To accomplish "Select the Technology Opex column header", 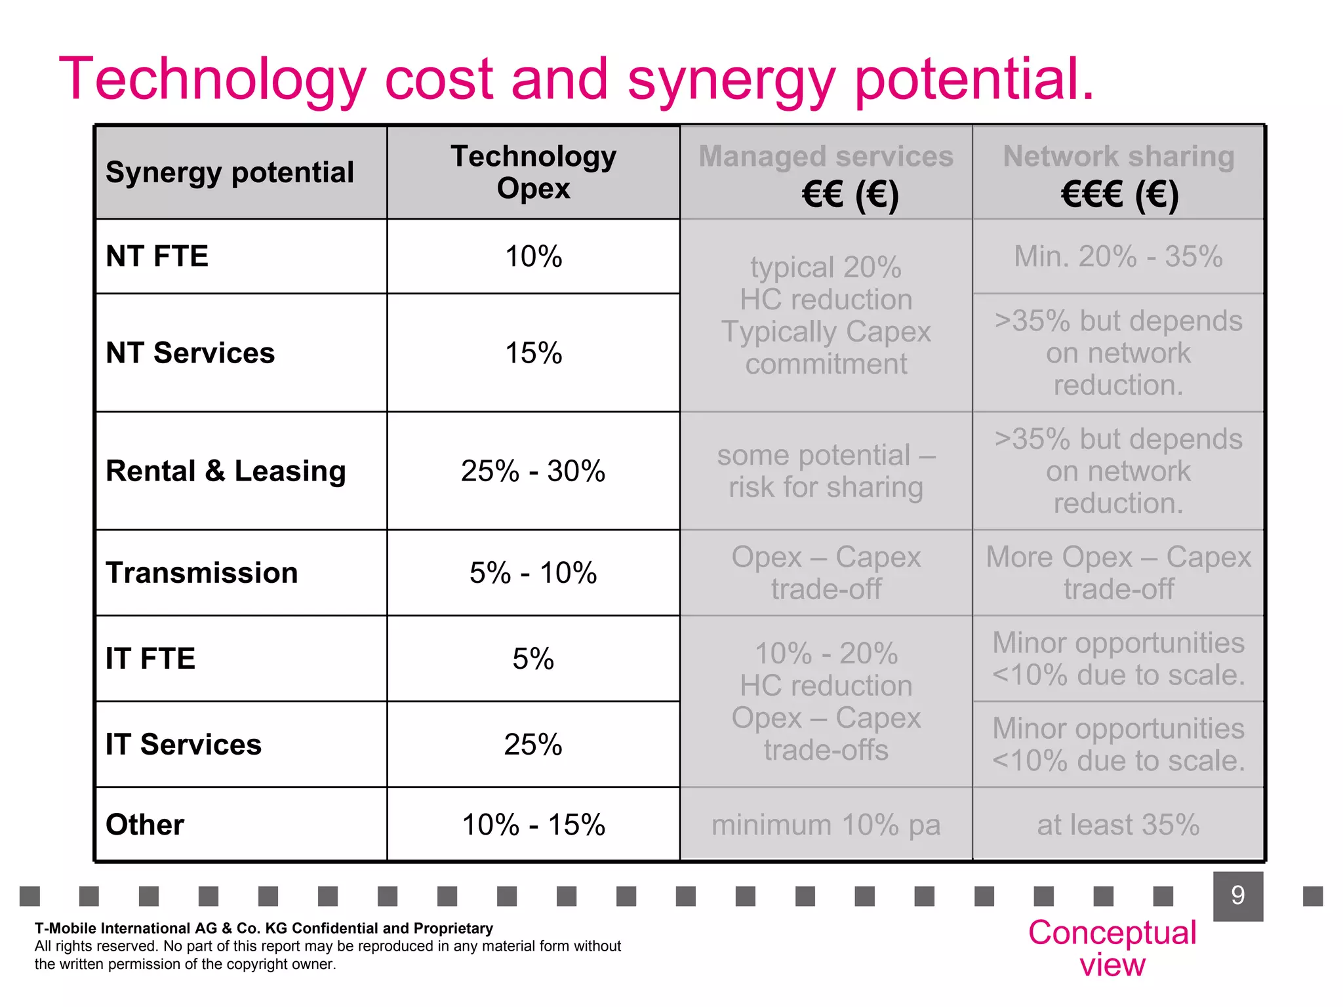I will [533, 172].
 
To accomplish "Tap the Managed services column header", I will [826, 172].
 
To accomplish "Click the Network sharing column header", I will [1118, 172].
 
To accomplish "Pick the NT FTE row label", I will [157, 256].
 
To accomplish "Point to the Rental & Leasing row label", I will [226, 471].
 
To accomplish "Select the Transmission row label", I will [202, 573].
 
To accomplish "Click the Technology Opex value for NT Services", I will [533, 353].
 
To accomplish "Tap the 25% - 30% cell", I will [533, 471].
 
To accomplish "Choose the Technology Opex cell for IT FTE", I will [533, 659].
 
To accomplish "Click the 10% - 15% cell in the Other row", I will [533, 825].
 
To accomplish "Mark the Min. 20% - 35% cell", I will [1118, 256].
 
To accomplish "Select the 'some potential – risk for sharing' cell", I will [826, 471].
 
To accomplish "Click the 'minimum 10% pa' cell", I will [826, 825].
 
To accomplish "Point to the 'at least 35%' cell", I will [1118, 825].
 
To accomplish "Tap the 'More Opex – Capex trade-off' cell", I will [1118, 573].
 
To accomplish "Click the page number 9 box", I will [1237, 896].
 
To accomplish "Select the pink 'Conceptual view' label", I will [1112, 948].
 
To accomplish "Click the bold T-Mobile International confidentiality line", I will [264, 928].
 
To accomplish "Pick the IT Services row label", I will [184, 745].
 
